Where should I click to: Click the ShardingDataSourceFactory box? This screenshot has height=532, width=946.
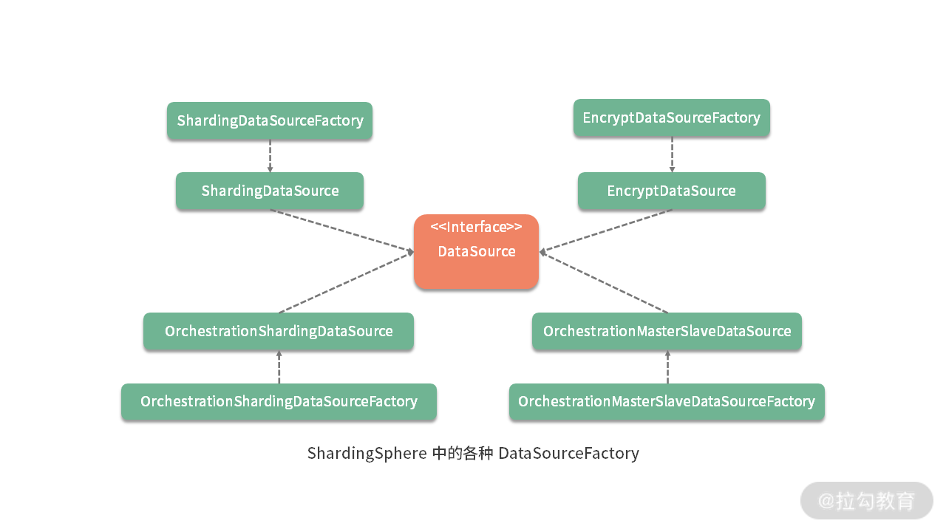[270, 120]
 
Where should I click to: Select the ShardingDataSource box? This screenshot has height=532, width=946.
[270, 191]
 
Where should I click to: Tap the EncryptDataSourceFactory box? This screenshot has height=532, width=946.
[671, 118]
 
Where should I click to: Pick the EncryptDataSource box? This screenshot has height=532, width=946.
[671, 191]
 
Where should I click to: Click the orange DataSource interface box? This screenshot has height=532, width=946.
[476, 259]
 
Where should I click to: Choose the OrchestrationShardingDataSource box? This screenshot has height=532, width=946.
[279, 331]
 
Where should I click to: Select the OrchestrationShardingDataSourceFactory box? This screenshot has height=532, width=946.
[279, 402]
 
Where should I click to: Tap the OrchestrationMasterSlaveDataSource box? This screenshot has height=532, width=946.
[667, 331]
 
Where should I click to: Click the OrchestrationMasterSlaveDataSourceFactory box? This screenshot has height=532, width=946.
[667, 402]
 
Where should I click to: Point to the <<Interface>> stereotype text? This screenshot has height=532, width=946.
[476, 227]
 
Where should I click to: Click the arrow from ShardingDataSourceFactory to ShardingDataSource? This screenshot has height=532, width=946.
[270, 156]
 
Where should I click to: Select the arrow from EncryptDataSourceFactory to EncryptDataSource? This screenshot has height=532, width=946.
[672, 154]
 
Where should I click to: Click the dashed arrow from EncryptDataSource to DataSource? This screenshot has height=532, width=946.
[606, 231]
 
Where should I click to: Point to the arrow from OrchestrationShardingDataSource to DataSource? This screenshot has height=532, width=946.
[345, 282]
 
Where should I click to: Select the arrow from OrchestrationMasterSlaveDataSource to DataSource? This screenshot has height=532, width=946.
[605, 282]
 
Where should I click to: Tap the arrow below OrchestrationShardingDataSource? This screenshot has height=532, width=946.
[279, 366]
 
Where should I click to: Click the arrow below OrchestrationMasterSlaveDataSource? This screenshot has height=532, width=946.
[667, 366]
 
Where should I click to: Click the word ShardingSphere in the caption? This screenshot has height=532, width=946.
[367, 453]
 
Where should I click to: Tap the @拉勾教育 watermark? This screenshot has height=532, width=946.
[866, 500]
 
